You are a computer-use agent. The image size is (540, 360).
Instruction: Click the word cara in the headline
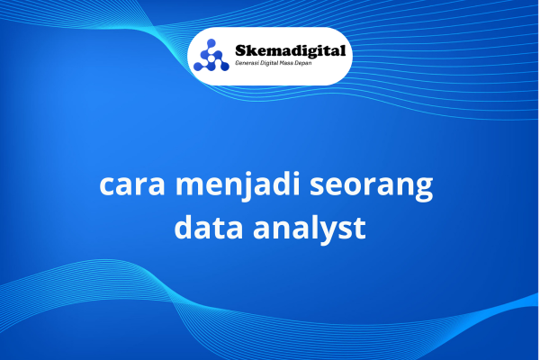click(132, 186)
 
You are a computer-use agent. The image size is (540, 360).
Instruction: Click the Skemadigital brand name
click(291, 51)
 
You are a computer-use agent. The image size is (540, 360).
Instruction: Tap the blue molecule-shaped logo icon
click(211, 55)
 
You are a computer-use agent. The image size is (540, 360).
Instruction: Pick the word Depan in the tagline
click(302, 63)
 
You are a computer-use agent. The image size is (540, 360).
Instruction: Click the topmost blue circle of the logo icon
click(211, 43)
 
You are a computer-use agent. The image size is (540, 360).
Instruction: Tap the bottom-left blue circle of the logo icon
click(198, 66)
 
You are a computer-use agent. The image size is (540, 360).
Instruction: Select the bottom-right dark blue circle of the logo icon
click(224, 66)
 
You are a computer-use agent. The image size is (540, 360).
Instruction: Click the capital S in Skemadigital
click(241, 51)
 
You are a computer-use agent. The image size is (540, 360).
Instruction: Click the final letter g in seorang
click(424, 190)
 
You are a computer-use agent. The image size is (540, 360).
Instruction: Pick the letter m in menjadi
click(191, 186)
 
